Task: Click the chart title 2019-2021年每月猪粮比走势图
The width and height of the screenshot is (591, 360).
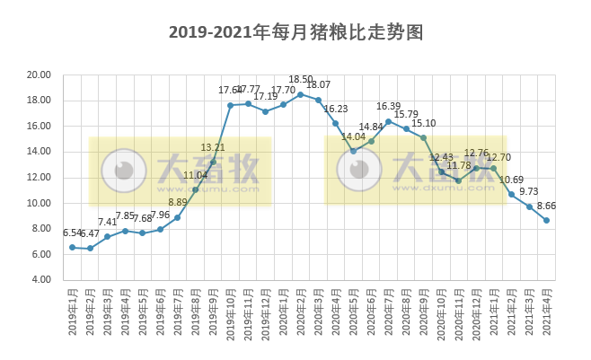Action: coord(295,32)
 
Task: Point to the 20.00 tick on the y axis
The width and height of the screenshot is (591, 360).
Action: coord(37,75)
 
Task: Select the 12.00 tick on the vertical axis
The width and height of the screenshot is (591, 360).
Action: coord(37,178)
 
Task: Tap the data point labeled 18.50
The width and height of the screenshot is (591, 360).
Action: coord(301,94)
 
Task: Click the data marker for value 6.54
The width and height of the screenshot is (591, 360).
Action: coord(73,247)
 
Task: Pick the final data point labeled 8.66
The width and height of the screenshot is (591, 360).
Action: coord(547,220)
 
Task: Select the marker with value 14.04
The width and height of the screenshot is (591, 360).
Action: coord(353,151)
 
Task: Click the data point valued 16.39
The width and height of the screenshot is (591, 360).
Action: coord(388,121)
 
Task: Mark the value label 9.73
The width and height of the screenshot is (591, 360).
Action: coord(530,191)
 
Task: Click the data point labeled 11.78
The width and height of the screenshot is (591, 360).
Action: coord(459,180)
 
